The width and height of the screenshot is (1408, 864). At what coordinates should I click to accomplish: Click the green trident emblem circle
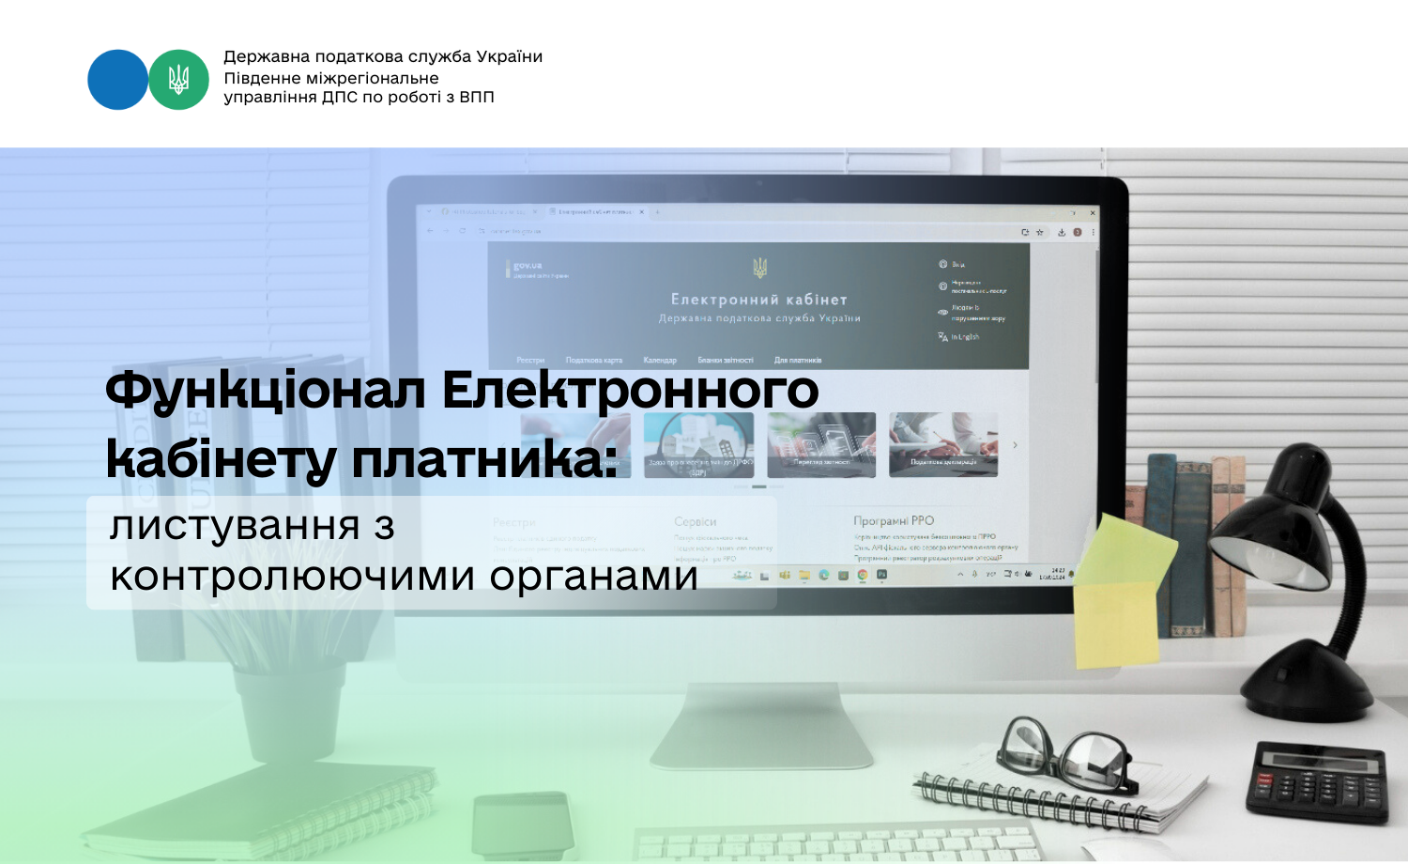(x=178, y=80)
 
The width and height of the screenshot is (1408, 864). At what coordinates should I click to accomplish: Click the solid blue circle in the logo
(x=117, y=80)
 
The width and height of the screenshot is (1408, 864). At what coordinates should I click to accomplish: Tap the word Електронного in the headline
(x=631, y=390)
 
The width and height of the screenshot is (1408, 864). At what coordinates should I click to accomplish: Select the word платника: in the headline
(x=485, y=460)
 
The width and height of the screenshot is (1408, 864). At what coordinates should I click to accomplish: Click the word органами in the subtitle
(x=593, y=576)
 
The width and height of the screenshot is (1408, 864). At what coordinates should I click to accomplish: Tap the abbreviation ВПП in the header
(x=477, y=97)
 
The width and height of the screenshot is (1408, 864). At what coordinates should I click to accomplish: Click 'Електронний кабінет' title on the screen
(x=758, y=300)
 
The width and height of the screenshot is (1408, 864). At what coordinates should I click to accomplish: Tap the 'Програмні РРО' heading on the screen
(x=894, y=520)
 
